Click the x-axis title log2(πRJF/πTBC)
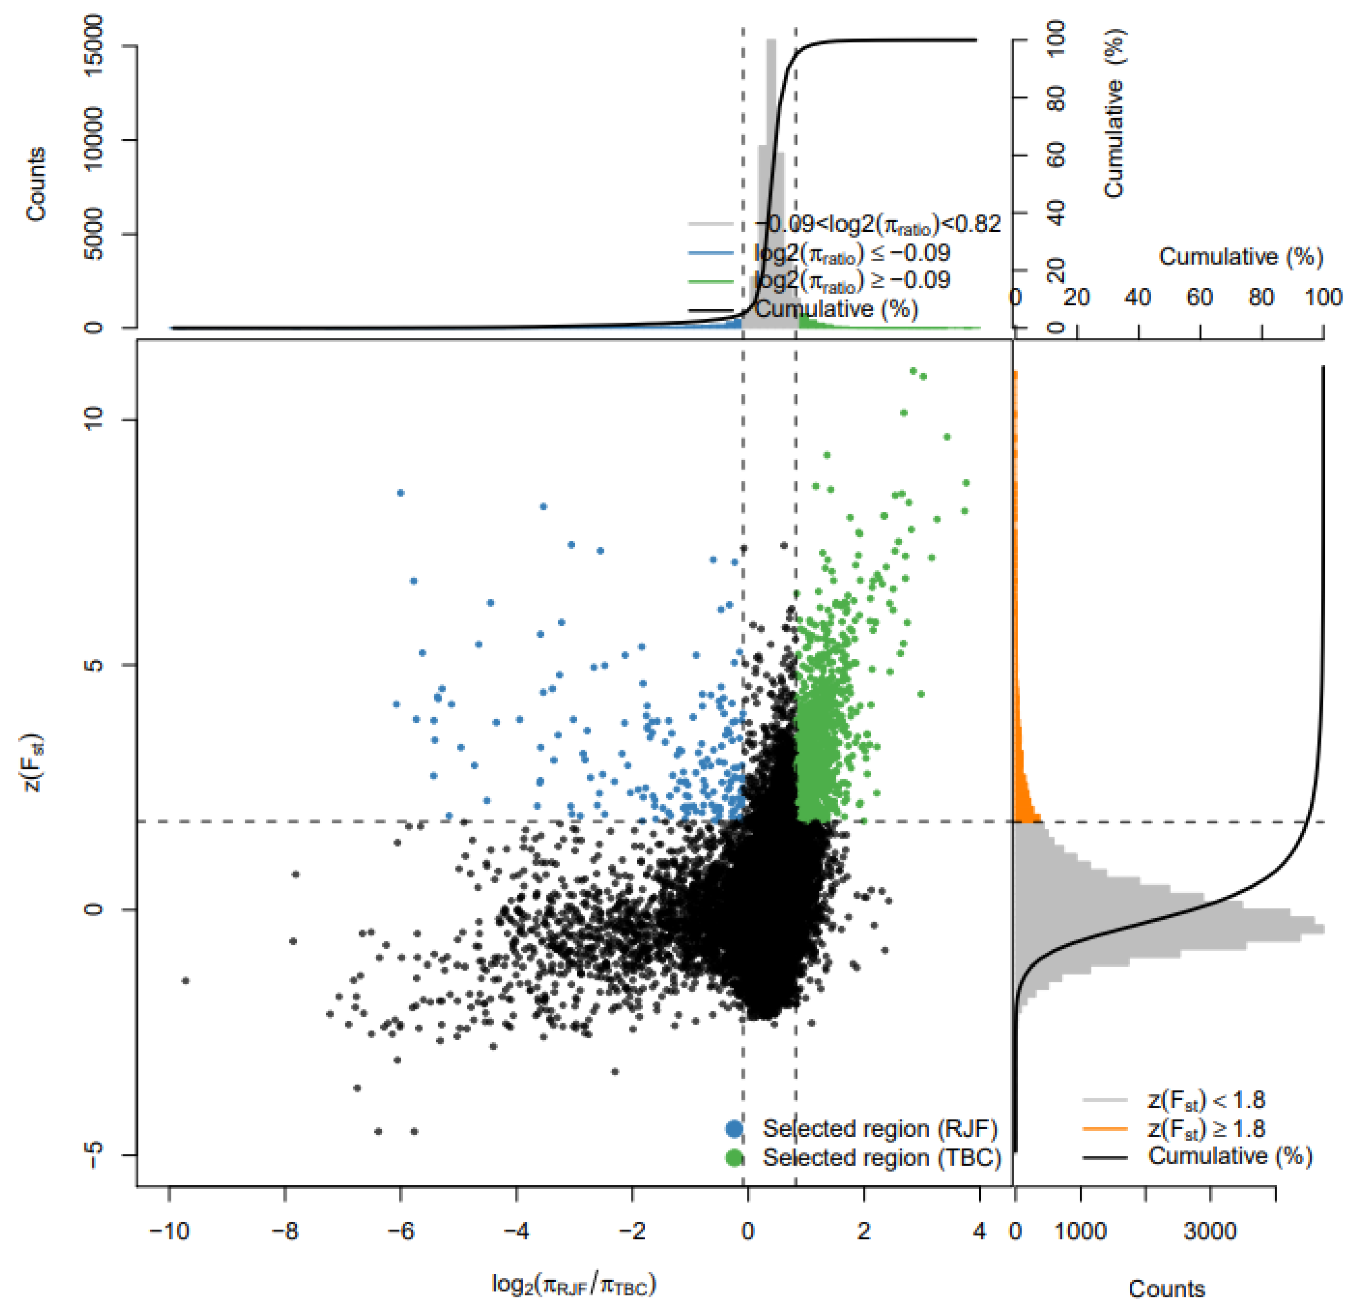coord(574,1285)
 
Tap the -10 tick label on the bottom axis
coord(169,1232)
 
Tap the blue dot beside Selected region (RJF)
coord(735,1129)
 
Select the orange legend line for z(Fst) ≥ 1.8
coord(1105,1129)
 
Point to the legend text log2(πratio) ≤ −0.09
coord(852,253)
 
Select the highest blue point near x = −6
coord(400,493)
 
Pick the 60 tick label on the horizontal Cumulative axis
coord(1199,298)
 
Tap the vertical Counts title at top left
coord(36,183)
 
